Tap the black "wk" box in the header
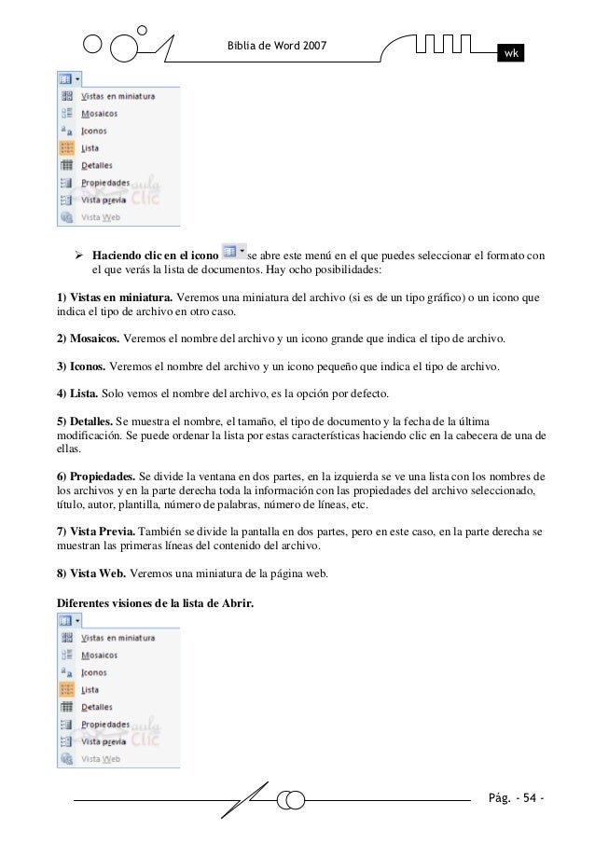[x=511, y=53]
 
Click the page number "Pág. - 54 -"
[x=517, y=799]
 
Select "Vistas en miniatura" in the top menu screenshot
[x=118, y=96]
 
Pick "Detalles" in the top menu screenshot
[x=97, y=166]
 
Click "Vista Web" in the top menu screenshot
[x=101, y=218]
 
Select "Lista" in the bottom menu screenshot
[x=90, y=689]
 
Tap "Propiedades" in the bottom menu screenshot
[x=105, y=724]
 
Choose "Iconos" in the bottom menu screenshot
[x=94, y=672]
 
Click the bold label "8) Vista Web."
[x=91, y=572]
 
